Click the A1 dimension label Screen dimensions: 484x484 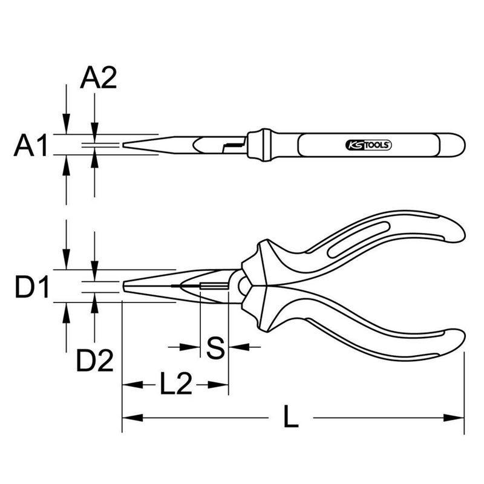pos(31,145)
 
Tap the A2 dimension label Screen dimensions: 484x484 pos(99,78)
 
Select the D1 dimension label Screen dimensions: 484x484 pos(32,287)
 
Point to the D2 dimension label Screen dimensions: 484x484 pos(95,360)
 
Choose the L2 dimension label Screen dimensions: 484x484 pos(176,383)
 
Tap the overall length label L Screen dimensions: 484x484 pos(291,416)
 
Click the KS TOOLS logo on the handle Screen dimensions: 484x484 pos(368,145)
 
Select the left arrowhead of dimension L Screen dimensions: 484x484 pos(132,418)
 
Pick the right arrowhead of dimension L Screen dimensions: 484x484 pos(454,418)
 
